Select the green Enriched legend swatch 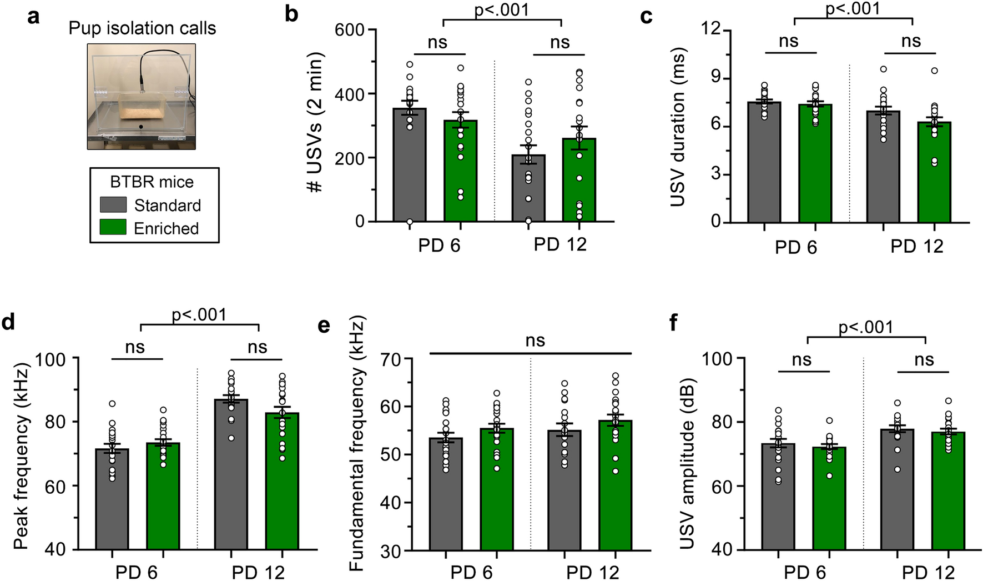pyautogui.click(x=113, y=227)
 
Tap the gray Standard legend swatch pyautogui.click(x=113, y=204)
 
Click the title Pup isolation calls pyautogui.click(x=142, y=28)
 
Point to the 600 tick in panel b pyautogui.click(x=349, y=30)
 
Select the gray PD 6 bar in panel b pyautogui.click(x=410, y=167)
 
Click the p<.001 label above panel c pyautogui.click(x=853, y=9)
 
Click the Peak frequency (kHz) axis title pyautogui.click(x=21, y=455)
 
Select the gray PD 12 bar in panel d pyautogui.click(x=231, y=478)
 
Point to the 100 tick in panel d pyautogui.click(x=51, y=359)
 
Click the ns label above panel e pyautogui.click(x=535, y=340)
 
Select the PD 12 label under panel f pyautogui.click(x=928, y=572)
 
